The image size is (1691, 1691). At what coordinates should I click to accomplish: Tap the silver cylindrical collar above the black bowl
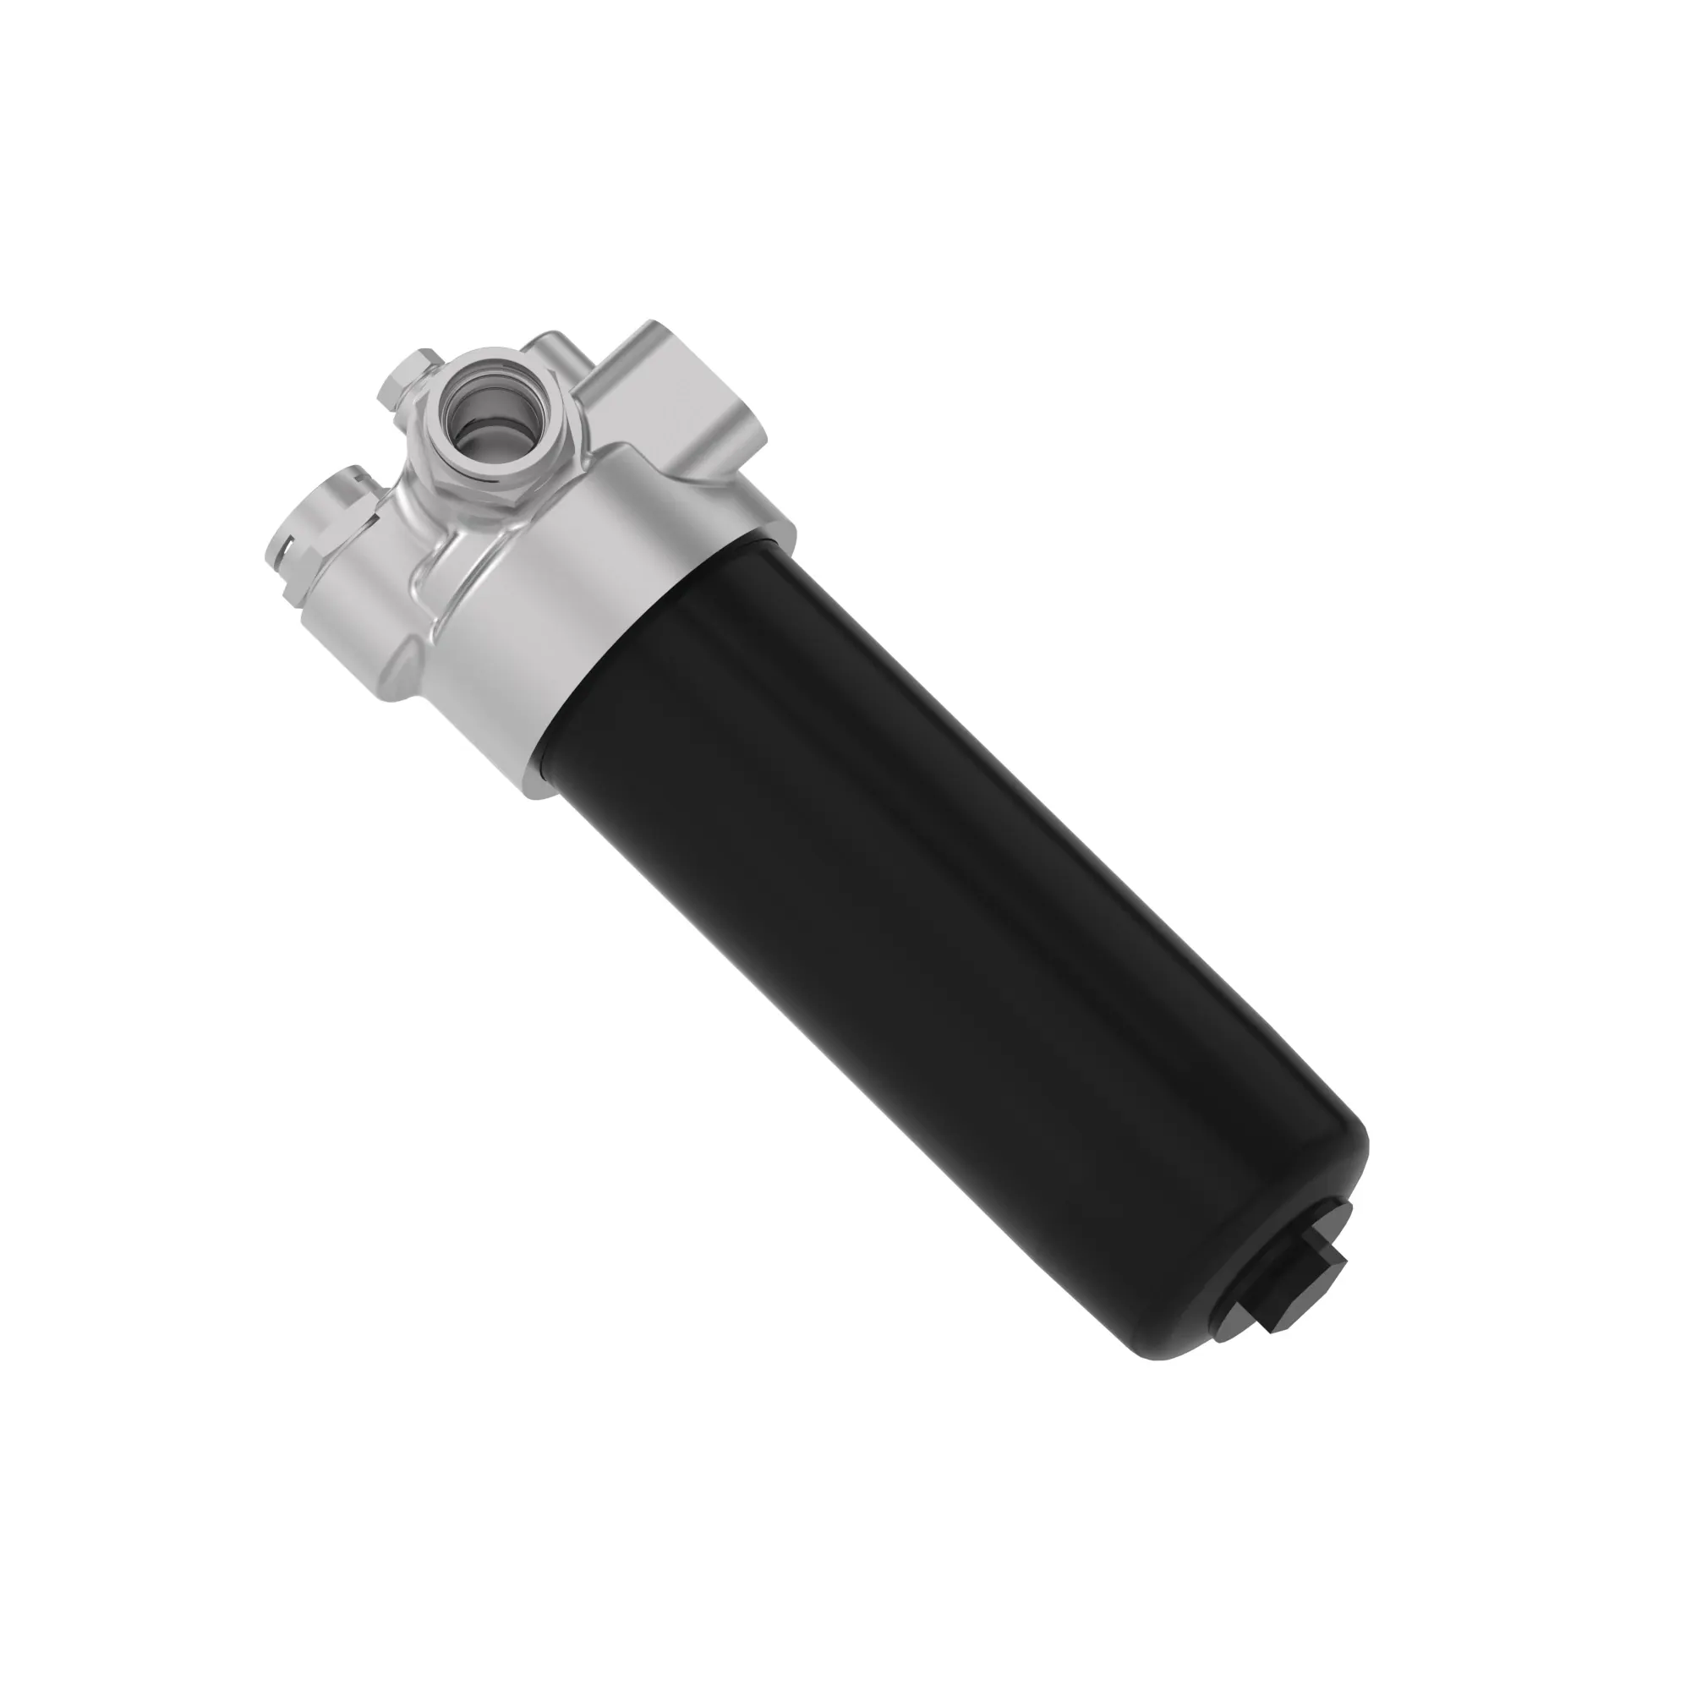(613, 613)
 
